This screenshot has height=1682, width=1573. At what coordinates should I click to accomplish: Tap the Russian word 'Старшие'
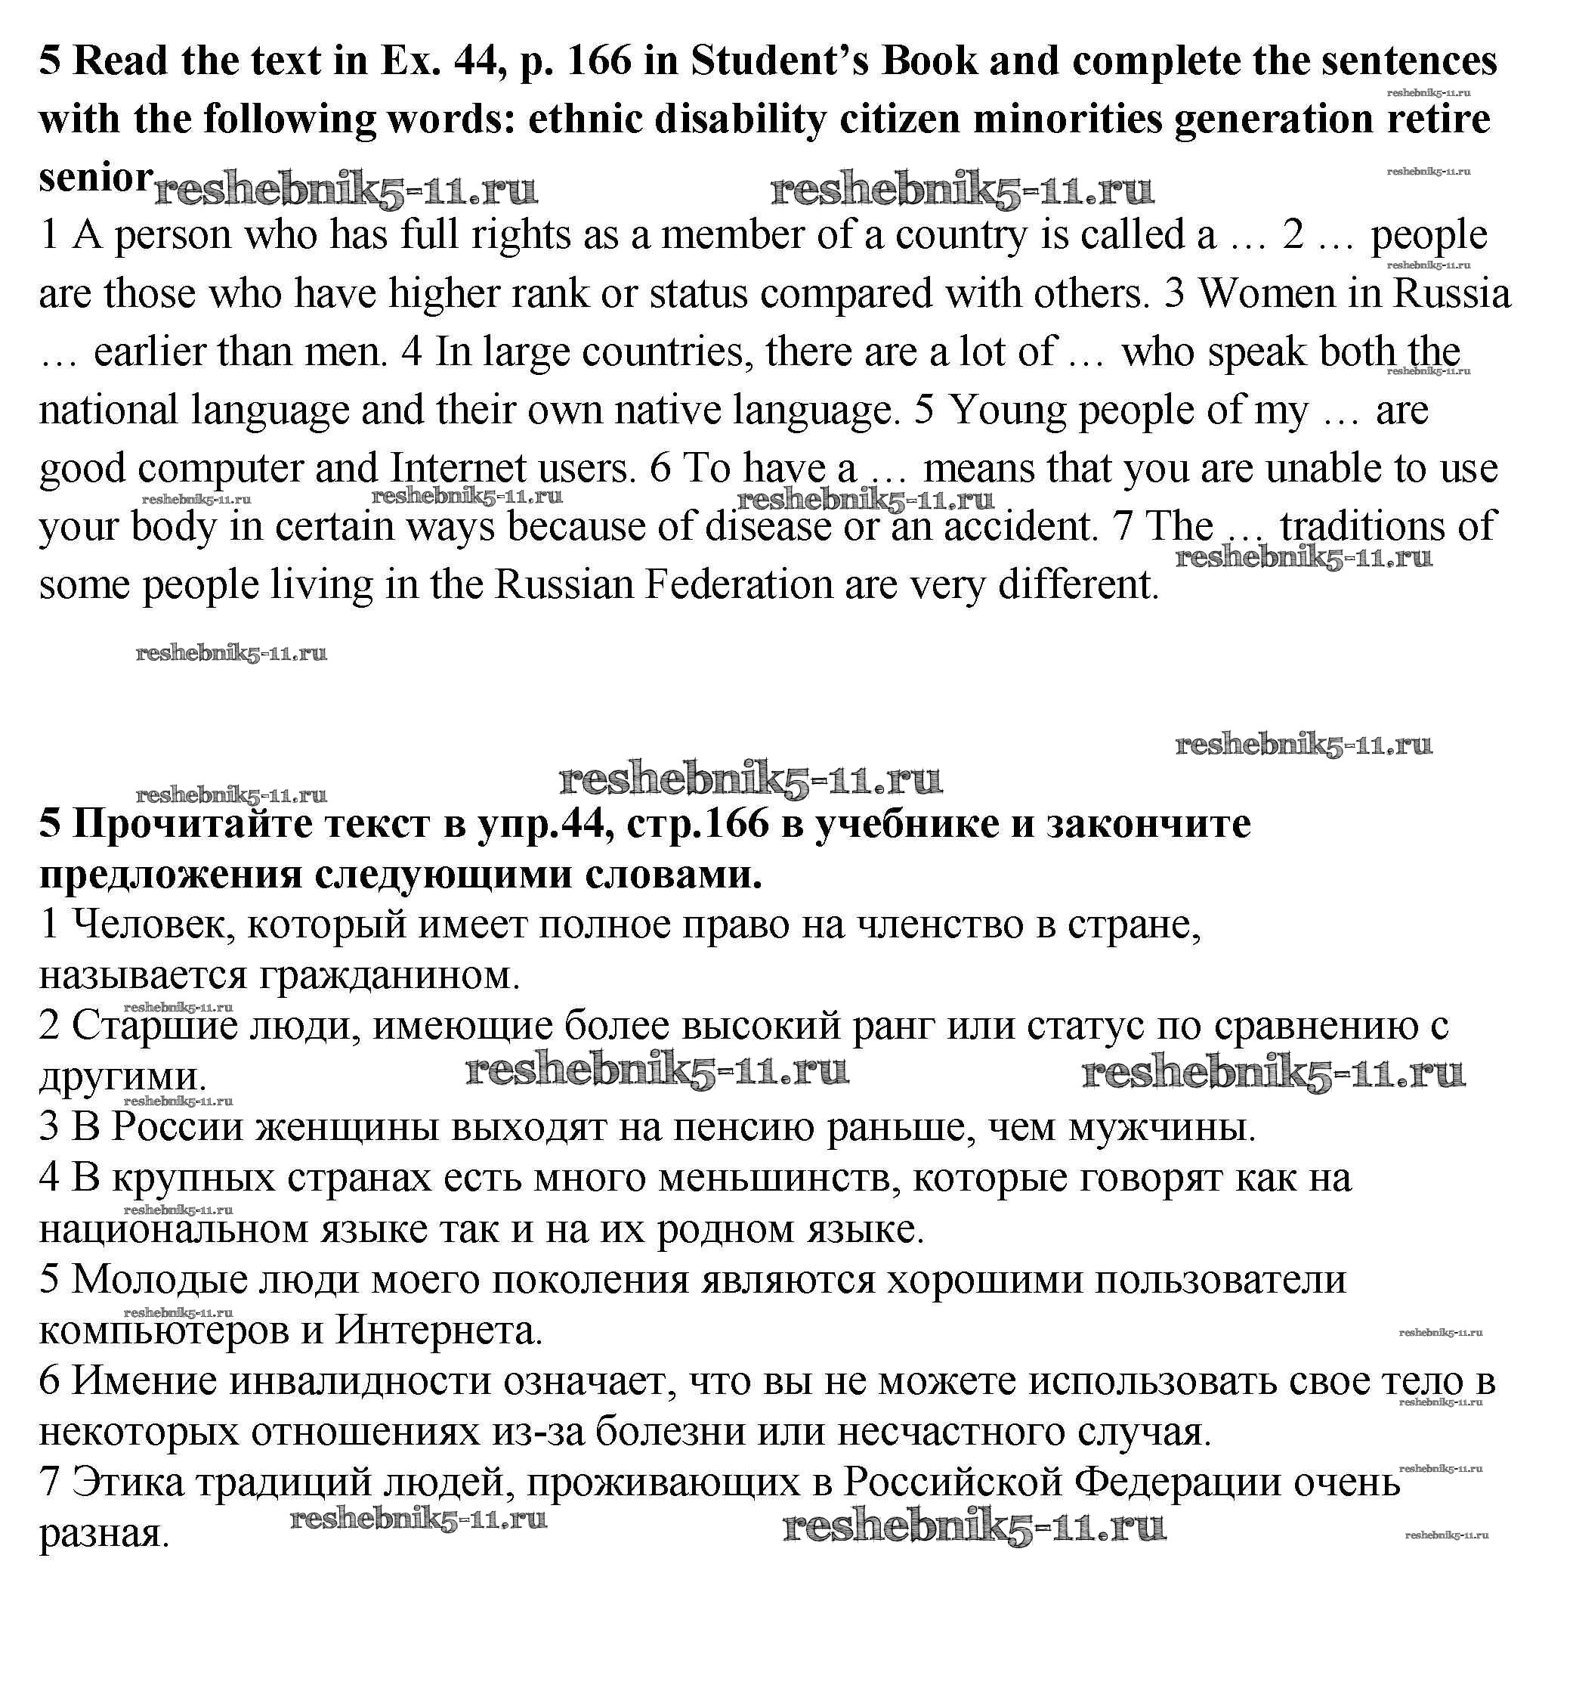point(155,1027)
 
